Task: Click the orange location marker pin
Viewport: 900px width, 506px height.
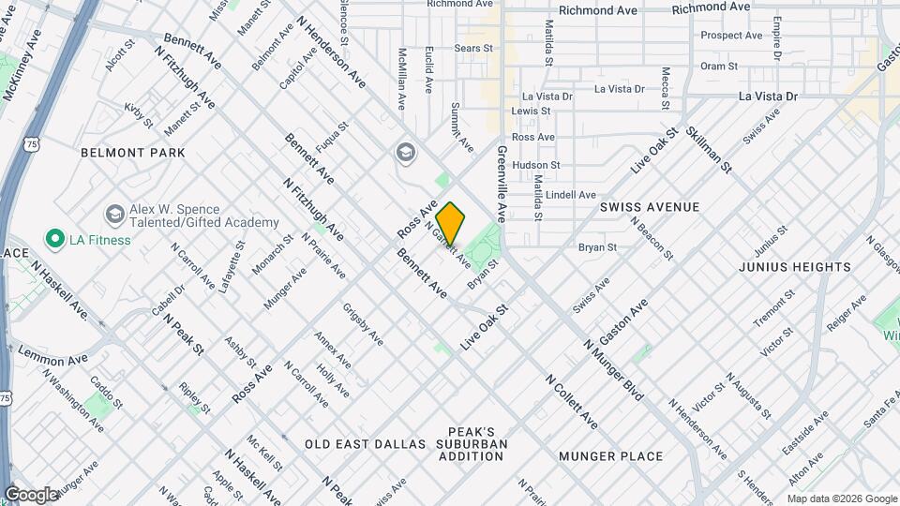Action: click(451, 223)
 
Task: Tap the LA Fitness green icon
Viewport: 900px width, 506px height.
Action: click(54, 240)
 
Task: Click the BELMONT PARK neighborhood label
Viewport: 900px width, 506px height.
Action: click(133, 153)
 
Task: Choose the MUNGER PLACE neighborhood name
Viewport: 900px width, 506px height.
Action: click(610, 456)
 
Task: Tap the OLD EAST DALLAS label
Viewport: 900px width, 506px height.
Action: click(366, 443)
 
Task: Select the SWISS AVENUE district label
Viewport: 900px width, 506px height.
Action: click(650, 206)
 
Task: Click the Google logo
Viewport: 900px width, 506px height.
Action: click(31, 495)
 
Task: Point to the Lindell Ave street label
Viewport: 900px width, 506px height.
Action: click(571, 195)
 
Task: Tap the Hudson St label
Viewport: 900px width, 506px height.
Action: click(536, 165)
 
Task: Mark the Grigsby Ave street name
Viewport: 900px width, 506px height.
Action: click(363, 323)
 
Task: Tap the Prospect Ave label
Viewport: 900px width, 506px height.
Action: click(732, 36)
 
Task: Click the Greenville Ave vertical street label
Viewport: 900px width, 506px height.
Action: click(502, 182)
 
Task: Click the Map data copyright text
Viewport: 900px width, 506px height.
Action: click(840, 499)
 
